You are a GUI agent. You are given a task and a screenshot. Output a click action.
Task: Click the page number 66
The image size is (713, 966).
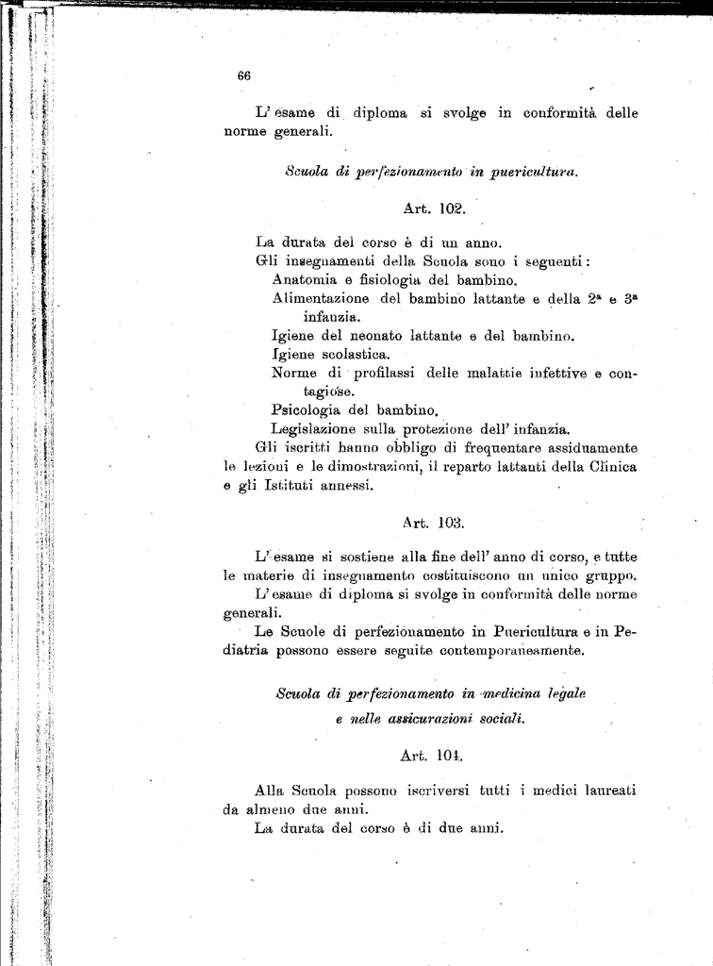pyautogui.click(x=243, y=76)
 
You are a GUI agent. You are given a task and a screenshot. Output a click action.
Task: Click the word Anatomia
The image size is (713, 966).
pyautogui.click(x=309, y=280)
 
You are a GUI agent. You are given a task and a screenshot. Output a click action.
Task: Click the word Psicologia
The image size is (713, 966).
pyautogui.click(x=310, y=410)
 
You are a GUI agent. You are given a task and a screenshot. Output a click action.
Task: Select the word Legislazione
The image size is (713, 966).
pyautogui.click(x=316, y=429)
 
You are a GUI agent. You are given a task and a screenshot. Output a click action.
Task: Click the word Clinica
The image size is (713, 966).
pyautogui.click(x=607, y=467)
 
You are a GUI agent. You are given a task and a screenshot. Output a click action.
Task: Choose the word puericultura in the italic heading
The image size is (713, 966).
pyautogui.click(x=530, y=172)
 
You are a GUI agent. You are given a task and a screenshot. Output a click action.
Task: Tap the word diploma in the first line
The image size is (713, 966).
pyautogui.click(x=381, y=113)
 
